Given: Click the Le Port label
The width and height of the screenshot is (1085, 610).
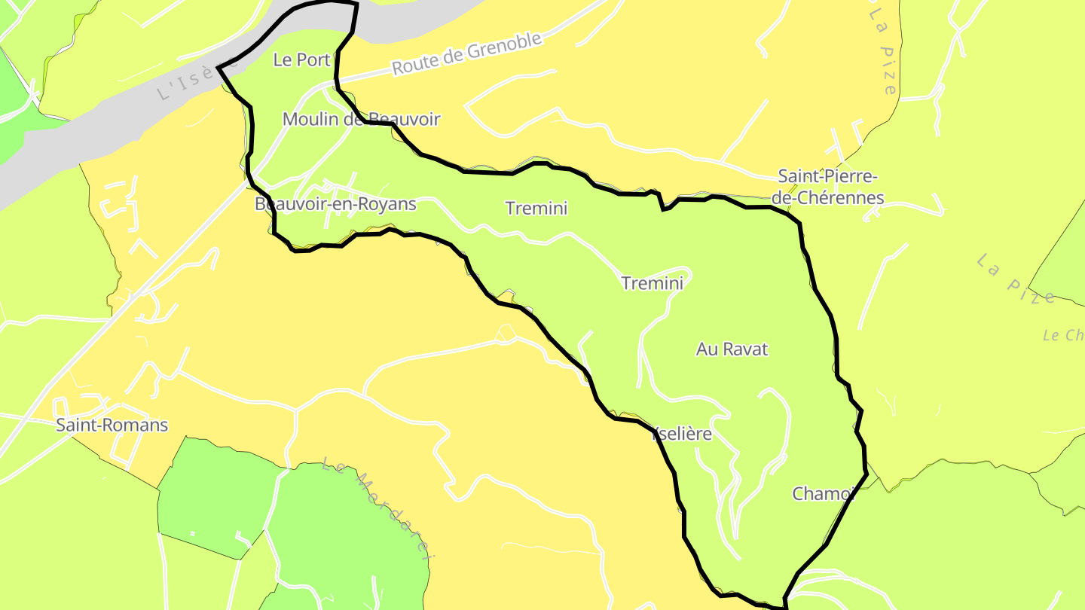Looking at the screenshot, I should click(x=301, y=59).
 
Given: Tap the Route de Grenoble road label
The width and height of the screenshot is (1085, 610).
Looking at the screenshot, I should click(x=466, y=53).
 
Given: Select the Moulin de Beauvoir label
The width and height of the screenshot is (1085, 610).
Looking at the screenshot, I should click(x=361, y=119).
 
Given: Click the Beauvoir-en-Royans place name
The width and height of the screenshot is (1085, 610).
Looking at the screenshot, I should click(x=335, y=204).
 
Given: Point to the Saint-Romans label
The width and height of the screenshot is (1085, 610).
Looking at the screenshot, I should click(x=112, y=425).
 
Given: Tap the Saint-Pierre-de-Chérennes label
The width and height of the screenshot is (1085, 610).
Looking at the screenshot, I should click(x=827, y=188).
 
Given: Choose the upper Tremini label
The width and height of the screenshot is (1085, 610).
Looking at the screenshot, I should click(x=536, y=208).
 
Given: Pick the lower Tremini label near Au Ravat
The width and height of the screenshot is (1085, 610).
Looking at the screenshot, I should click(x=652, y=283).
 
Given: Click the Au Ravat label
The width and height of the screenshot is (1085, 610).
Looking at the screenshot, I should click(x=732, y=349).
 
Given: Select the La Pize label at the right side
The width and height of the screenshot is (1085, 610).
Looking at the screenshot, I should click(x=1016, y=279).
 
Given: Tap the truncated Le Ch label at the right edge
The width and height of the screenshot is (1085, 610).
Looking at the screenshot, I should click(x=1062, y=335).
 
